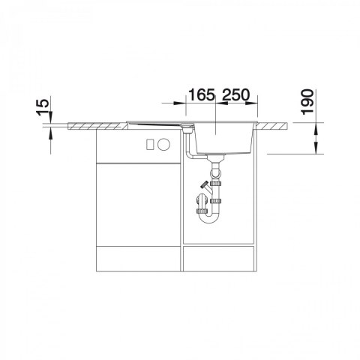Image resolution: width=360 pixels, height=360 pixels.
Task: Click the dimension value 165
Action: coord(202,94)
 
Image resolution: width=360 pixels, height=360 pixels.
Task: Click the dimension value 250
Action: coord(235,94)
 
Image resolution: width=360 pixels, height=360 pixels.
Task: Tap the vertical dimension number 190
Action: coord(307,102)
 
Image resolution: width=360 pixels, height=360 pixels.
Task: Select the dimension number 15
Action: coord(43,107)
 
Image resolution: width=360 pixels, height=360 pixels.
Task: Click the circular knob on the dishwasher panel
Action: coord(163,144)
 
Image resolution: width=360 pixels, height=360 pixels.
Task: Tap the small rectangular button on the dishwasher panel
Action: coord(150,144)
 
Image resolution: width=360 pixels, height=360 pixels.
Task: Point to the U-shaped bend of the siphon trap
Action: coord(210,218)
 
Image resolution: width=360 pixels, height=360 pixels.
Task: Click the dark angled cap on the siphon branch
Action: coord(204,185)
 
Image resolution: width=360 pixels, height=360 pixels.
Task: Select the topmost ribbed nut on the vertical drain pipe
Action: coord(215,184)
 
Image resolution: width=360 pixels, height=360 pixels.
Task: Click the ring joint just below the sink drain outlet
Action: coord(215,172)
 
